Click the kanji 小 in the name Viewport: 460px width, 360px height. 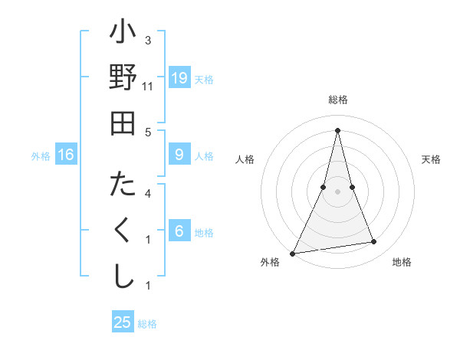tap(123, 35)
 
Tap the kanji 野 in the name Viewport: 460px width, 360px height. tap(123, 78)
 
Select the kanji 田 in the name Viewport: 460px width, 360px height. tap(123, 122)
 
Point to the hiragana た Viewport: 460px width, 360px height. tap(123, 186)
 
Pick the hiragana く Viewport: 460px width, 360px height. tap(123, 231)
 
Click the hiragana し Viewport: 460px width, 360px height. tap(123, 275)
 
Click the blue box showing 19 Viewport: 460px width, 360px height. tap(179, 78)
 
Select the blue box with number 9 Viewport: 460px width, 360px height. tap(179, 155)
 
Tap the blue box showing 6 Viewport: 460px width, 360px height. tap(179, 231)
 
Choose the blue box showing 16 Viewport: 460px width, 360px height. tap(66, 155)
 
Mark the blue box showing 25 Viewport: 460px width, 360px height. tap(123, 322)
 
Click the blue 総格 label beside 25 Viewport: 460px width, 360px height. tap(147, 324)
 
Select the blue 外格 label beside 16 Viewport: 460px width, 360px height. tap(41, 156)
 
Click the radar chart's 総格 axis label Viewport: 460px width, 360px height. tap(337, 100)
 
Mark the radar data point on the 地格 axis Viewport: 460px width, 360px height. tap(374, 242)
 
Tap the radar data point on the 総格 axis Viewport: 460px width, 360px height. tap(337, 129)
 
